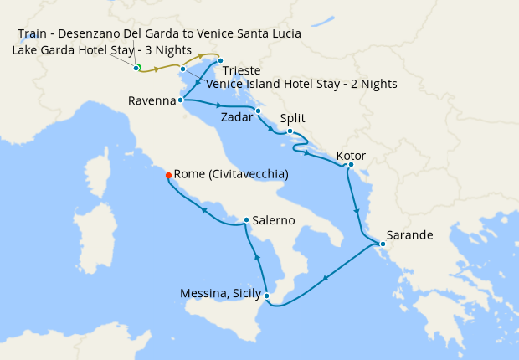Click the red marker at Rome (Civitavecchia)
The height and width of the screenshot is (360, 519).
168,175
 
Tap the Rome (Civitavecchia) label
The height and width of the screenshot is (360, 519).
231,174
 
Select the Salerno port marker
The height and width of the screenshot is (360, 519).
245,220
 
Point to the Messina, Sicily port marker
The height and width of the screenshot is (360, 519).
266,296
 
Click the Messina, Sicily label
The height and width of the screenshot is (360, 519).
219,293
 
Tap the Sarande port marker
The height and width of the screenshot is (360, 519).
383,244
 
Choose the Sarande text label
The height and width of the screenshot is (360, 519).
409,235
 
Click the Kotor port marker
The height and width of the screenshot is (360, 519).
347,166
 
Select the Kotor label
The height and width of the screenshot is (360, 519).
351,156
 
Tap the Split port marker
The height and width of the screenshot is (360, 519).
289,131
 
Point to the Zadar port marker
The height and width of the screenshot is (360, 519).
258,111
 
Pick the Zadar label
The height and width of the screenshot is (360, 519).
236,119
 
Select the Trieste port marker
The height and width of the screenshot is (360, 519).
219,60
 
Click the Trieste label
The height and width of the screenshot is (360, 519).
242,71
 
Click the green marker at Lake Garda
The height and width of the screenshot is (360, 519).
136,67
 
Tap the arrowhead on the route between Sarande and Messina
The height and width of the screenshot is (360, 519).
325,278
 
